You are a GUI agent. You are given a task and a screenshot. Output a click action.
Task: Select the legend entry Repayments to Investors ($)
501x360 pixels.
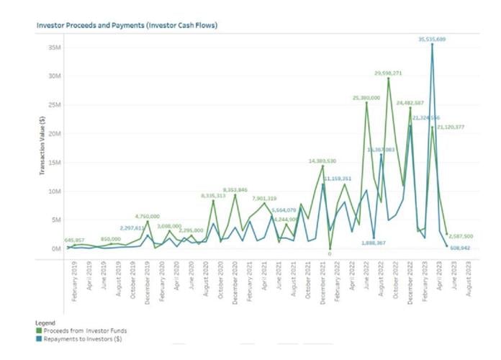pos(75,339)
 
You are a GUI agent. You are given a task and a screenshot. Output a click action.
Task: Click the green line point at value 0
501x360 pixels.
pos(330,249)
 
